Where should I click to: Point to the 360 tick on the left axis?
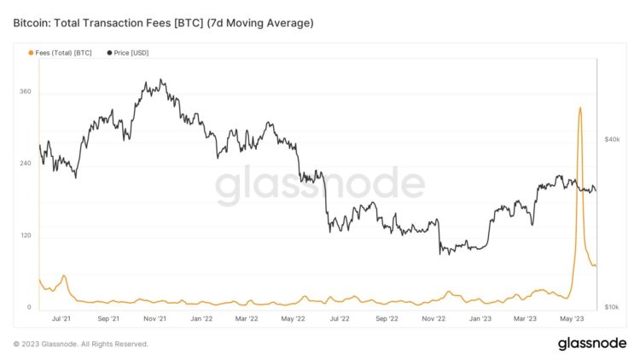[25, 91]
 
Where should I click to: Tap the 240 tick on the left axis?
[25, 163]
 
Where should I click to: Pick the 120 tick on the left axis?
[25, 235]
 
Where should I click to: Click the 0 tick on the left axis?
[29, 307]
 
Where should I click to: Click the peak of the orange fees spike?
[580, 107]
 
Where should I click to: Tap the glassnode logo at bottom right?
[593, 344]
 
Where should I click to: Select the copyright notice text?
[81, 344]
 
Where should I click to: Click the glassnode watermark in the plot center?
[319, 185]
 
